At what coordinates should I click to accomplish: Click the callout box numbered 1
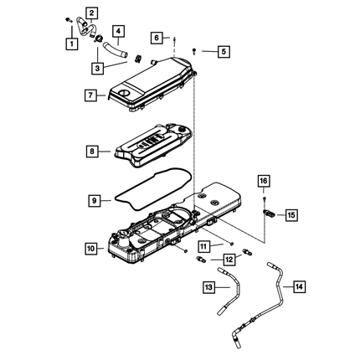(x=72, y=44)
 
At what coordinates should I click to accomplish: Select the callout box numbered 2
(x=92, y=13)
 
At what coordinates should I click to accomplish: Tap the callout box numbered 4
(x=119, y=31)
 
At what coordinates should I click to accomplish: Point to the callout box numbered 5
(x=224, y=51)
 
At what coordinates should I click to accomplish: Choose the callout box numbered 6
(x=157, y=38)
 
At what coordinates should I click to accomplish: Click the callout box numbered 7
(x=90, y=95)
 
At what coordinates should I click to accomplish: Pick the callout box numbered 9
(x=95, y=200)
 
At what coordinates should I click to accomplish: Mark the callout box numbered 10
(x=90, y=248)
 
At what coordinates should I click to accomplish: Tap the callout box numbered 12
(x=229, y=260)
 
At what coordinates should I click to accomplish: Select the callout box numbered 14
(x=299, y=286)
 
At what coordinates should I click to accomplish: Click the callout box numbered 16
(x=264, y=181)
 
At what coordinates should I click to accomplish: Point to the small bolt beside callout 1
(x=68, y=20)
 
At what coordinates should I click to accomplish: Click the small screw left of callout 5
(x=194, y=51)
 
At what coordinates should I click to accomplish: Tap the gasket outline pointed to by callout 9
(x=153, y=188)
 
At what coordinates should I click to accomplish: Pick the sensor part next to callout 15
(x=270, y=213)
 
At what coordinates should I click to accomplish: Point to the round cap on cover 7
(x=123, y=93)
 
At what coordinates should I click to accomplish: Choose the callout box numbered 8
(x=92, y=152)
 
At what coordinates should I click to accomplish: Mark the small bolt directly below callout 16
(x=264, y=198)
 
